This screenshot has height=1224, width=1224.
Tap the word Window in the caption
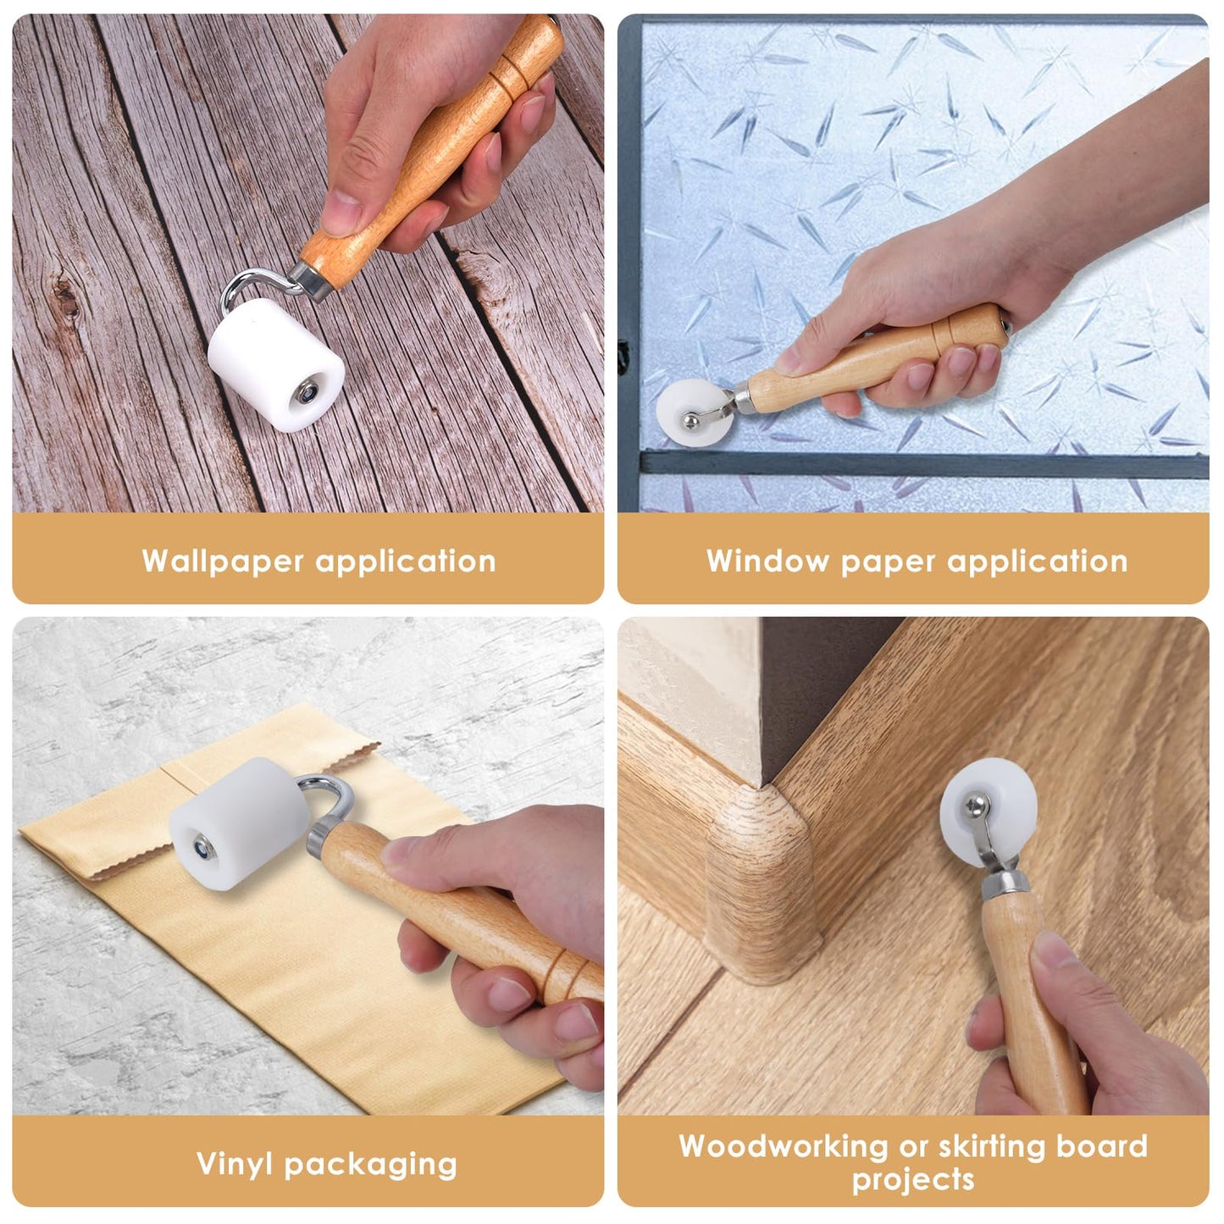(767, 561)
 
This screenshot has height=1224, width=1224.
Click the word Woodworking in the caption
(783, 1146)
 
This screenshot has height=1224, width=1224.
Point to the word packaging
(370, 1165)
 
